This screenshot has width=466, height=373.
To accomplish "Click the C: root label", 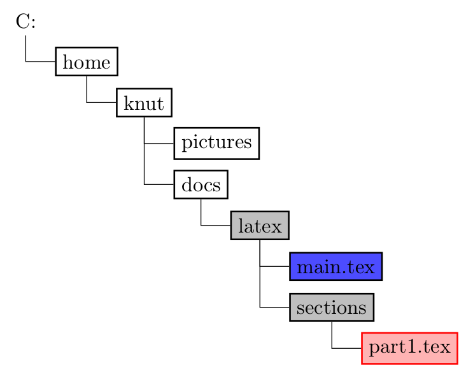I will [25, 22].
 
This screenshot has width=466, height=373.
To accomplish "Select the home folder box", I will [87, 62].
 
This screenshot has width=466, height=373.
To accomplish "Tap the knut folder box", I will [144, 103].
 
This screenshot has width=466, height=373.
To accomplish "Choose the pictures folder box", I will [216, 143].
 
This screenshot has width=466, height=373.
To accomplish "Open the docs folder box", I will [201, 185].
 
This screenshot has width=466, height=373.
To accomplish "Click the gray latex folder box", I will [260, 226].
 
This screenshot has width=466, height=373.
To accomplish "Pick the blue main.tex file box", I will [335, 266].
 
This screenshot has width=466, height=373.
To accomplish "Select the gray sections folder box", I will [331, 308].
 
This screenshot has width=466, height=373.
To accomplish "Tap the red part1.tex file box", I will [410, 348].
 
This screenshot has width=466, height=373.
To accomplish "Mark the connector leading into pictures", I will [159, 144].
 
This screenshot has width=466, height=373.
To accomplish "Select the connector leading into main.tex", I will [274, 266].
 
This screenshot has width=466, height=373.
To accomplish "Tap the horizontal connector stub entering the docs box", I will [159, 185].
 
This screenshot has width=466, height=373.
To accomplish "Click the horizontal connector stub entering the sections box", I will [274, 308].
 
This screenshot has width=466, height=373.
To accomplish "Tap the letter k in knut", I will [127, 103].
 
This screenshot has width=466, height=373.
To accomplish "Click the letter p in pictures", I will [186, 144].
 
